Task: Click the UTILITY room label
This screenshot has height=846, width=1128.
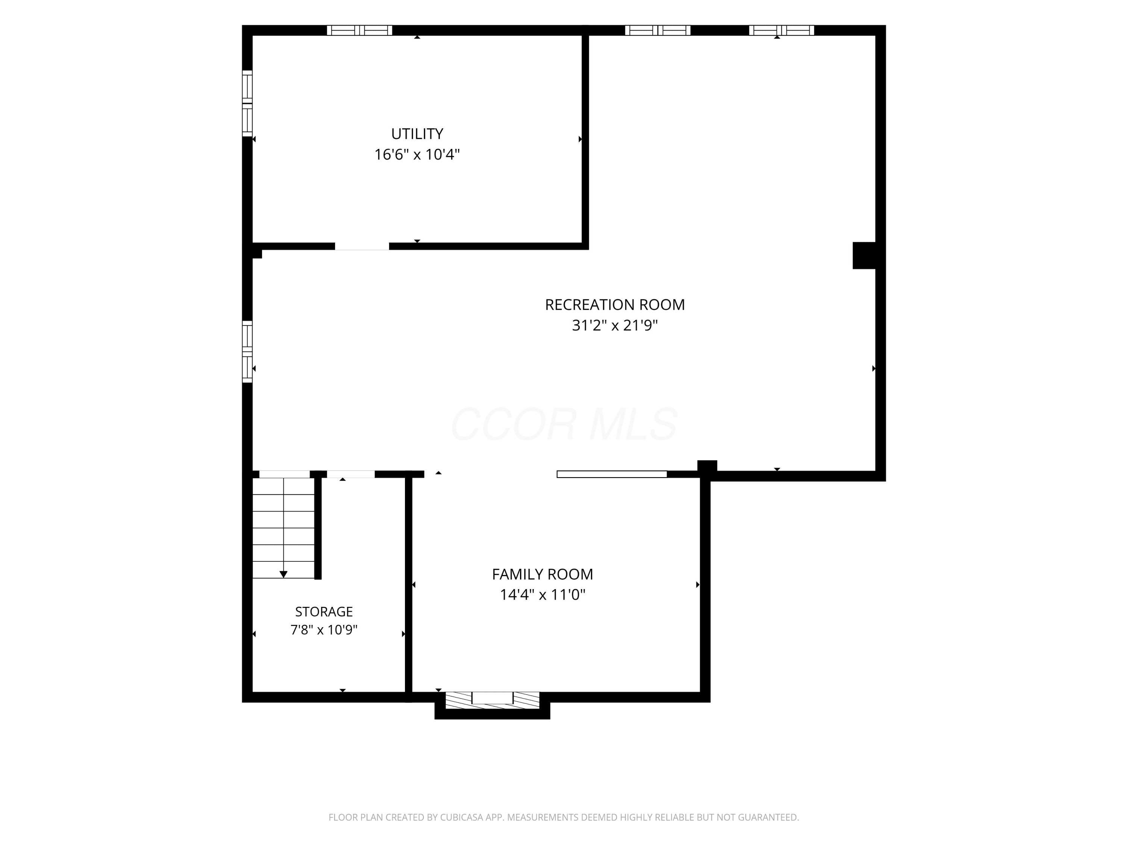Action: (417, 133)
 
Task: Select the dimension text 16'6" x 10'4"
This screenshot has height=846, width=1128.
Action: (417, 155)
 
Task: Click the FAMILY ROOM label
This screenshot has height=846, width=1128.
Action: (543, 574)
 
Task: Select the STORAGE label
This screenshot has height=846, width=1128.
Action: (324, 611)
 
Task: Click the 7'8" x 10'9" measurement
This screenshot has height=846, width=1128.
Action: (324, 630)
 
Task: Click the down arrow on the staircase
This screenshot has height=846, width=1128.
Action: (284, 574)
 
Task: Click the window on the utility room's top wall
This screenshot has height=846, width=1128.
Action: (359, 30)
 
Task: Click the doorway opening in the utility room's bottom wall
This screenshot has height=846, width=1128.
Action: (362, 246)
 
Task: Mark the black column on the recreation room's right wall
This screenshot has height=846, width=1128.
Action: (864, 255)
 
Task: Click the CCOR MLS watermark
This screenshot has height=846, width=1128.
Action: (564, 424)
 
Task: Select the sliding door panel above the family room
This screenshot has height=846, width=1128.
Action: (612, 474)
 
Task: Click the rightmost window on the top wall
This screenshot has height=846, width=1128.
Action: (782, 30)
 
